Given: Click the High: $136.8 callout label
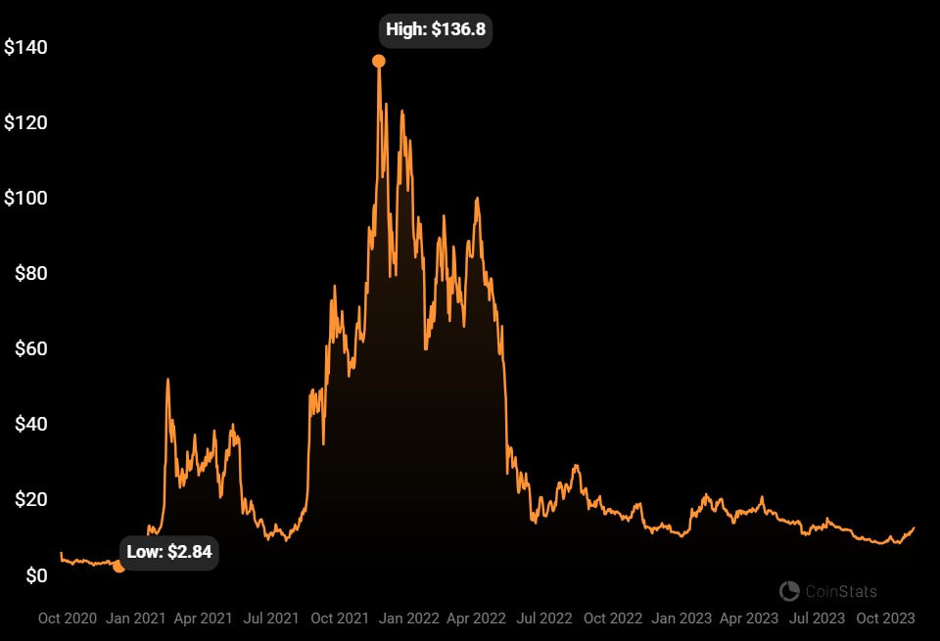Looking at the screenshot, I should [436, 29].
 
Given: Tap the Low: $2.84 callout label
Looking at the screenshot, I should [168, 552].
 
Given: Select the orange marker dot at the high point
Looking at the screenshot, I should [379, 62].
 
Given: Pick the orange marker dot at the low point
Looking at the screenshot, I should [119, 566].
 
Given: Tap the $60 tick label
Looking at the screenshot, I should [31, 348].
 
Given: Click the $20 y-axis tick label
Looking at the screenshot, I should [31, 500].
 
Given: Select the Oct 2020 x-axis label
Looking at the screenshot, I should [69, 618].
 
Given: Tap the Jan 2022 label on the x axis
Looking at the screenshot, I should [409, 618].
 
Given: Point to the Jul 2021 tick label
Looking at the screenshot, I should [270, 618].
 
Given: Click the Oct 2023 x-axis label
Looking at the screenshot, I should [885, 618].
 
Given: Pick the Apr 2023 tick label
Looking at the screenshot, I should [749, 618].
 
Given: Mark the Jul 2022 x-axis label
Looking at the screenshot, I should [543, 618].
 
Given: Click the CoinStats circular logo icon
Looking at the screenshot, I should [789, 591].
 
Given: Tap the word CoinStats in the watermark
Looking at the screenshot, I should [841, 591].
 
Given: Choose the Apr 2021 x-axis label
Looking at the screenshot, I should [204, 618].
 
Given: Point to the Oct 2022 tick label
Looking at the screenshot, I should [612, 618].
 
